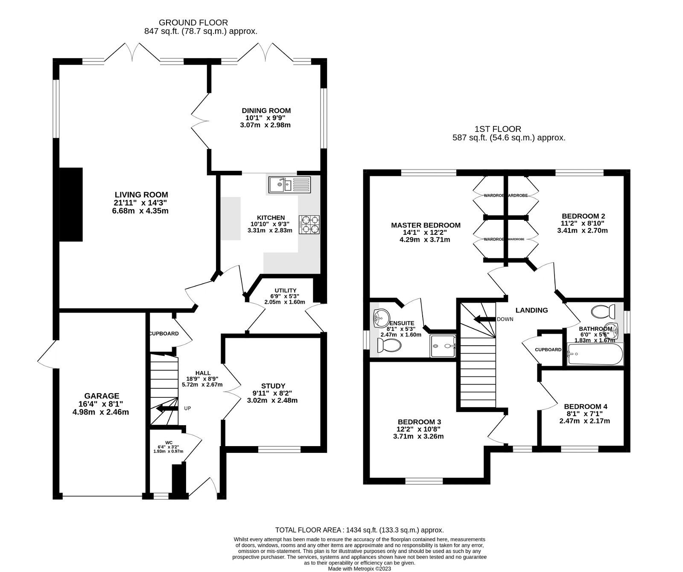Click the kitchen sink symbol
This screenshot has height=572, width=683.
[x=290, y=185]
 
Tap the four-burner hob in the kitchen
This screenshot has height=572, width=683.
[x=310, y=225]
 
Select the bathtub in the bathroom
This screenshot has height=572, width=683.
[x=595, y=354]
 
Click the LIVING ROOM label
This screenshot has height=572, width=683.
[x=135, y=195]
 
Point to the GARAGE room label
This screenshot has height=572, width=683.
[x=102, y=396]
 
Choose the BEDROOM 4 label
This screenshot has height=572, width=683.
[x=585, y=406]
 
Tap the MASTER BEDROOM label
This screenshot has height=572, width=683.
[x=426, y=225]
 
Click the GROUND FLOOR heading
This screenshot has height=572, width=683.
[x=193, y=22]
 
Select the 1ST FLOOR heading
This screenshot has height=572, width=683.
[x=497, y=128]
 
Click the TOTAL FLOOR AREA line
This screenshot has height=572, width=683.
[x=359, y=530]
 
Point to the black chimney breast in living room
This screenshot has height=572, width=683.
[x=71, y=204]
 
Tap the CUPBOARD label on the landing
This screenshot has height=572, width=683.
[x=548, y=350]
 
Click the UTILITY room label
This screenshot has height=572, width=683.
[x=286, y=290]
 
